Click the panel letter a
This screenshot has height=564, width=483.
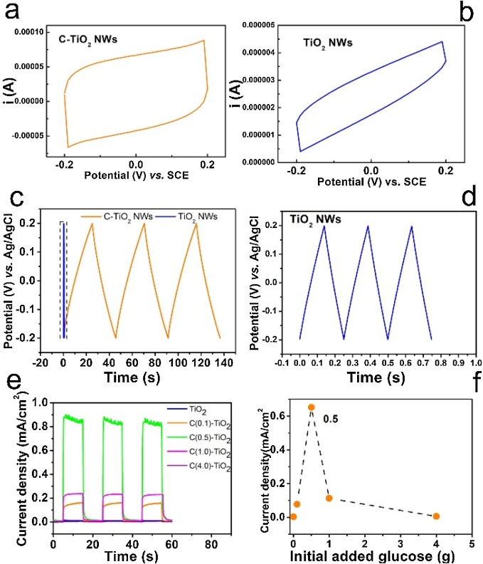[x=15, y=12]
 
